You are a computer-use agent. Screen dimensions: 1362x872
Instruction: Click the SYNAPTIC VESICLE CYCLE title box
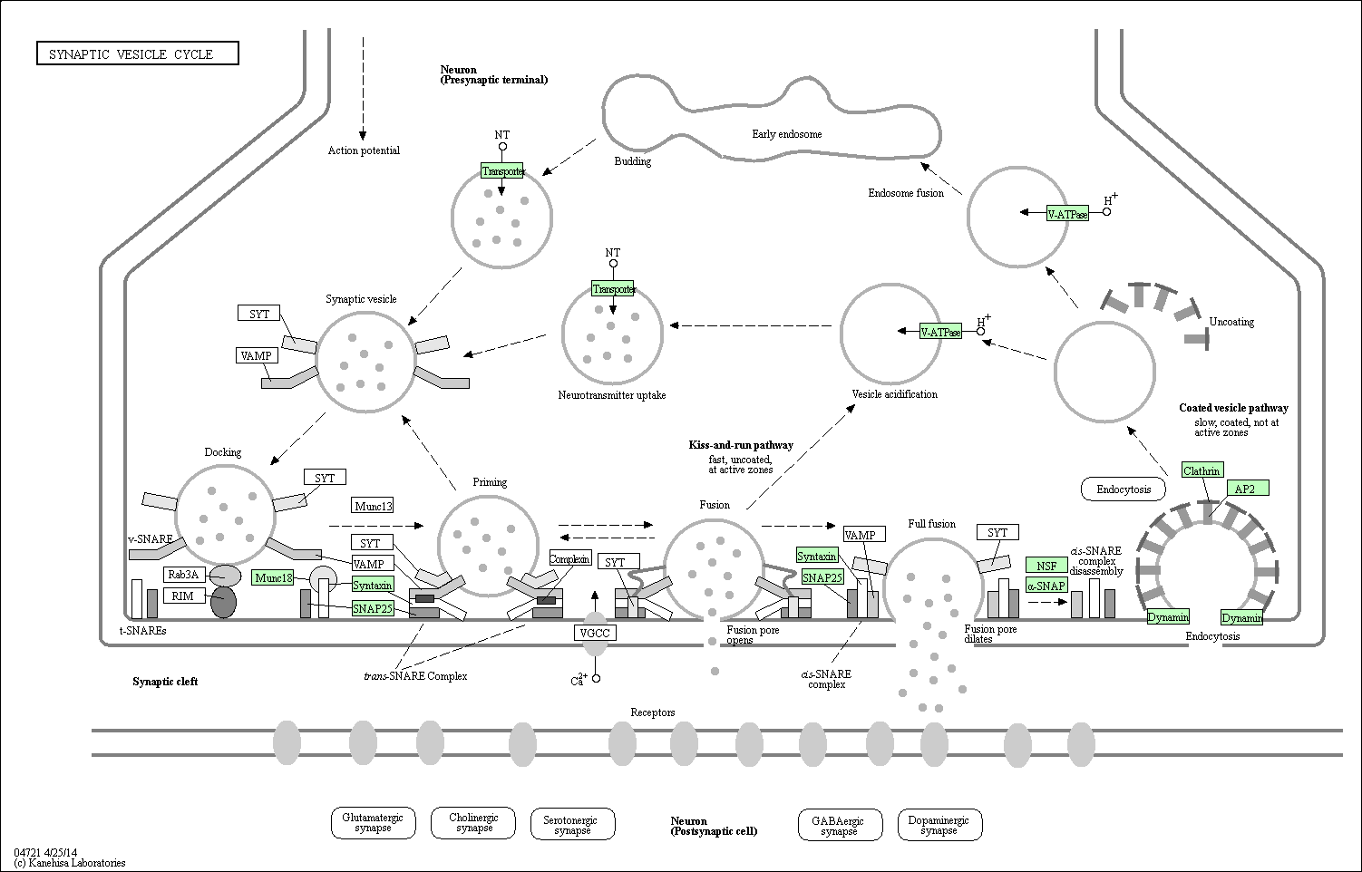(138, 53)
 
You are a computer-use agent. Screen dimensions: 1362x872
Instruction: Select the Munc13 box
(374, 506)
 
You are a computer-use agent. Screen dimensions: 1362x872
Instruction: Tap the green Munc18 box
(273, 577)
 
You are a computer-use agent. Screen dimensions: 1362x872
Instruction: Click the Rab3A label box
(184, 575)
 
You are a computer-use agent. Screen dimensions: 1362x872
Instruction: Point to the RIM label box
(182, 596)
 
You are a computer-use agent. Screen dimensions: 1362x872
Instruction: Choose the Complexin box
(569, 558)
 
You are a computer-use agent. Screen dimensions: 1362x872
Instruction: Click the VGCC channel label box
(595, 633)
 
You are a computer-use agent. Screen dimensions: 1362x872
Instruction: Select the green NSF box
(1046, 565)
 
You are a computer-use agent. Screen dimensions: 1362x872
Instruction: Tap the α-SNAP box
(1046, 586)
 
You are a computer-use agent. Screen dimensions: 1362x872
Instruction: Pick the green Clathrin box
(1202, 470)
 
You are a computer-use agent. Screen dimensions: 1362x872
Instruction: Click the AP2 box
(1249, 488)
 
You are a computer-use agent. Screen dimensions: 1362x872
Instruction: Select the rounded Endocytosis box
(1124, 489)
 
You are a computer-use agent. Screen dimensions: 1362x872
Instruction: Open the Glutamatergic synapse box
(374, 823)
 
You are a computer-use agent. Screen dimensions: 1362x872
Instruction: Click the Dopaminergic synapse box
(939, 825)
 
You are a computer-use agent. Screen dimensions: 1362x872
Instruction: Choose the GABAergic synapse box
(840, 825)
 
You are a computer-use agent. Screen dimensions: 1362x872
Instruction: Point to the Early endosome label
(787, 134)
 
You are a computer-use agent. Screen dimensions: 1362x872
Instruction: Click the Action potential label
(364, 150)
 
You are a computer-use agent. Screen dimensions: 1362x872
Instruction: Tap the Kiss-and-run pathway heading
(741, 445)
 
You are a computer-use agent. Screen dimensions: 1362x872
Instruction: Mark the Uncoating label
(1231, 322)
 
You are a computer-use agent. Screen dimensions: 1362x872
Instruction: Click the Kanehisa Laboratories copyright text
(69, 863)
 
